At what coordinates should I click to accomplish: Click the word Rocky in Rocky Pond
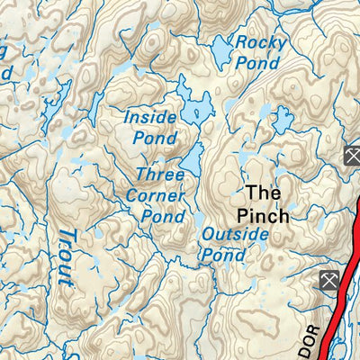(x=260, y=42)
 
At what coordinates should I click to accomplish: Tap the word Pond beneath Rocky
(x=256, y=63)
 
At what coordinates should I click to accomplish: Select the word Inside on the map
(x=150, y=117)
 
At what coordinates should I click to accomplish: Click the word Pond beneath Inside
(x=154, y=139)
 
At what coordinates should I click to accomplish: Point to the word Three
(x=160, y=174)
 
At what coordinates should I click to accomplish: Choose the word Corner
(x=162, y=195)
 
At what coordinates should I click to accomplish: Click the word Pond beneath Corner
(x=163, y=216)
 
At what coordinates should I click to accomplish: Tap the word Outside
(x=235, y=234)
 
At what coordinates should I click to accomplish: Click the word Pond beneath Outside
(x=223, y=255)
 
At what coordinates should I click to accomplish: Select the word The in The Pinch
(x=264, y=193)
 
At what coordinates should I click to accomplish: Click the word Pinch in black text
(x=263, y=216)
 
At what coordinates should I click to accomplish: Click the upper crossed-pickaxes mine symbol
(x=351, y=157)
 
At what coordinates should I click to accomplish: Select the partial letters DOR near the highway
(x=307, y=343)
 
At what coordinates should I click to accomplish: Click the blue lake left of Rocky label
(x=220, y=53)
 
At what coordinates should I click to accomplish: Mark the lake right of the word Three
(x=193, y=162)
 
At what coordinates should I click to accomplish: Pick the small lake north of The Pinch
(x=283, y=119)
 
